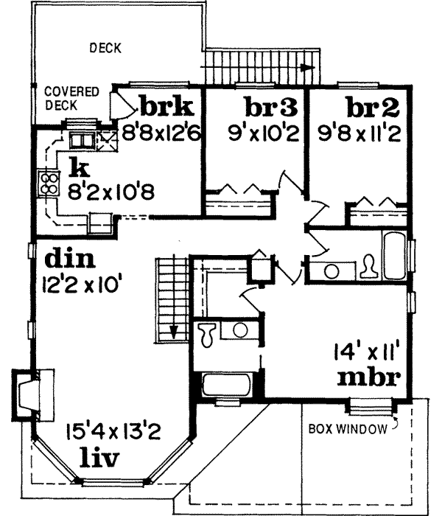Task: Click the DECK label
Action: click(x=105, y=49)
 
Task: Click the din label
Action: click(x=71, y=259)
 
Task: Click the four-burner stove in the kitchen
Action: click(x=49, y=183)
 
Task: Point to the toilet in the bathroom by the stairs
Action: click(x=207, y=333)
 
